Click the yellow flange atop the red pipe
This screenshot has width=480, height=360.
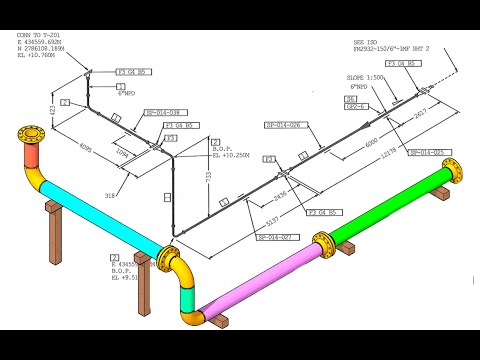[27, 136]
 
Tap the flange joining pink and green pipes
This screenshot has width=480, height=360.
[321, 244]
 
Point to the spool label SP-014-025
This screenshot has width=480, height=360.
[438, 151]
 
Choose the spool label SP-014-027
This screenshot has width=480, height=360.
[273, 237]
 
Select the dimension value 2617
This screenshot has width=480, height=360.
[421, 113]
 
